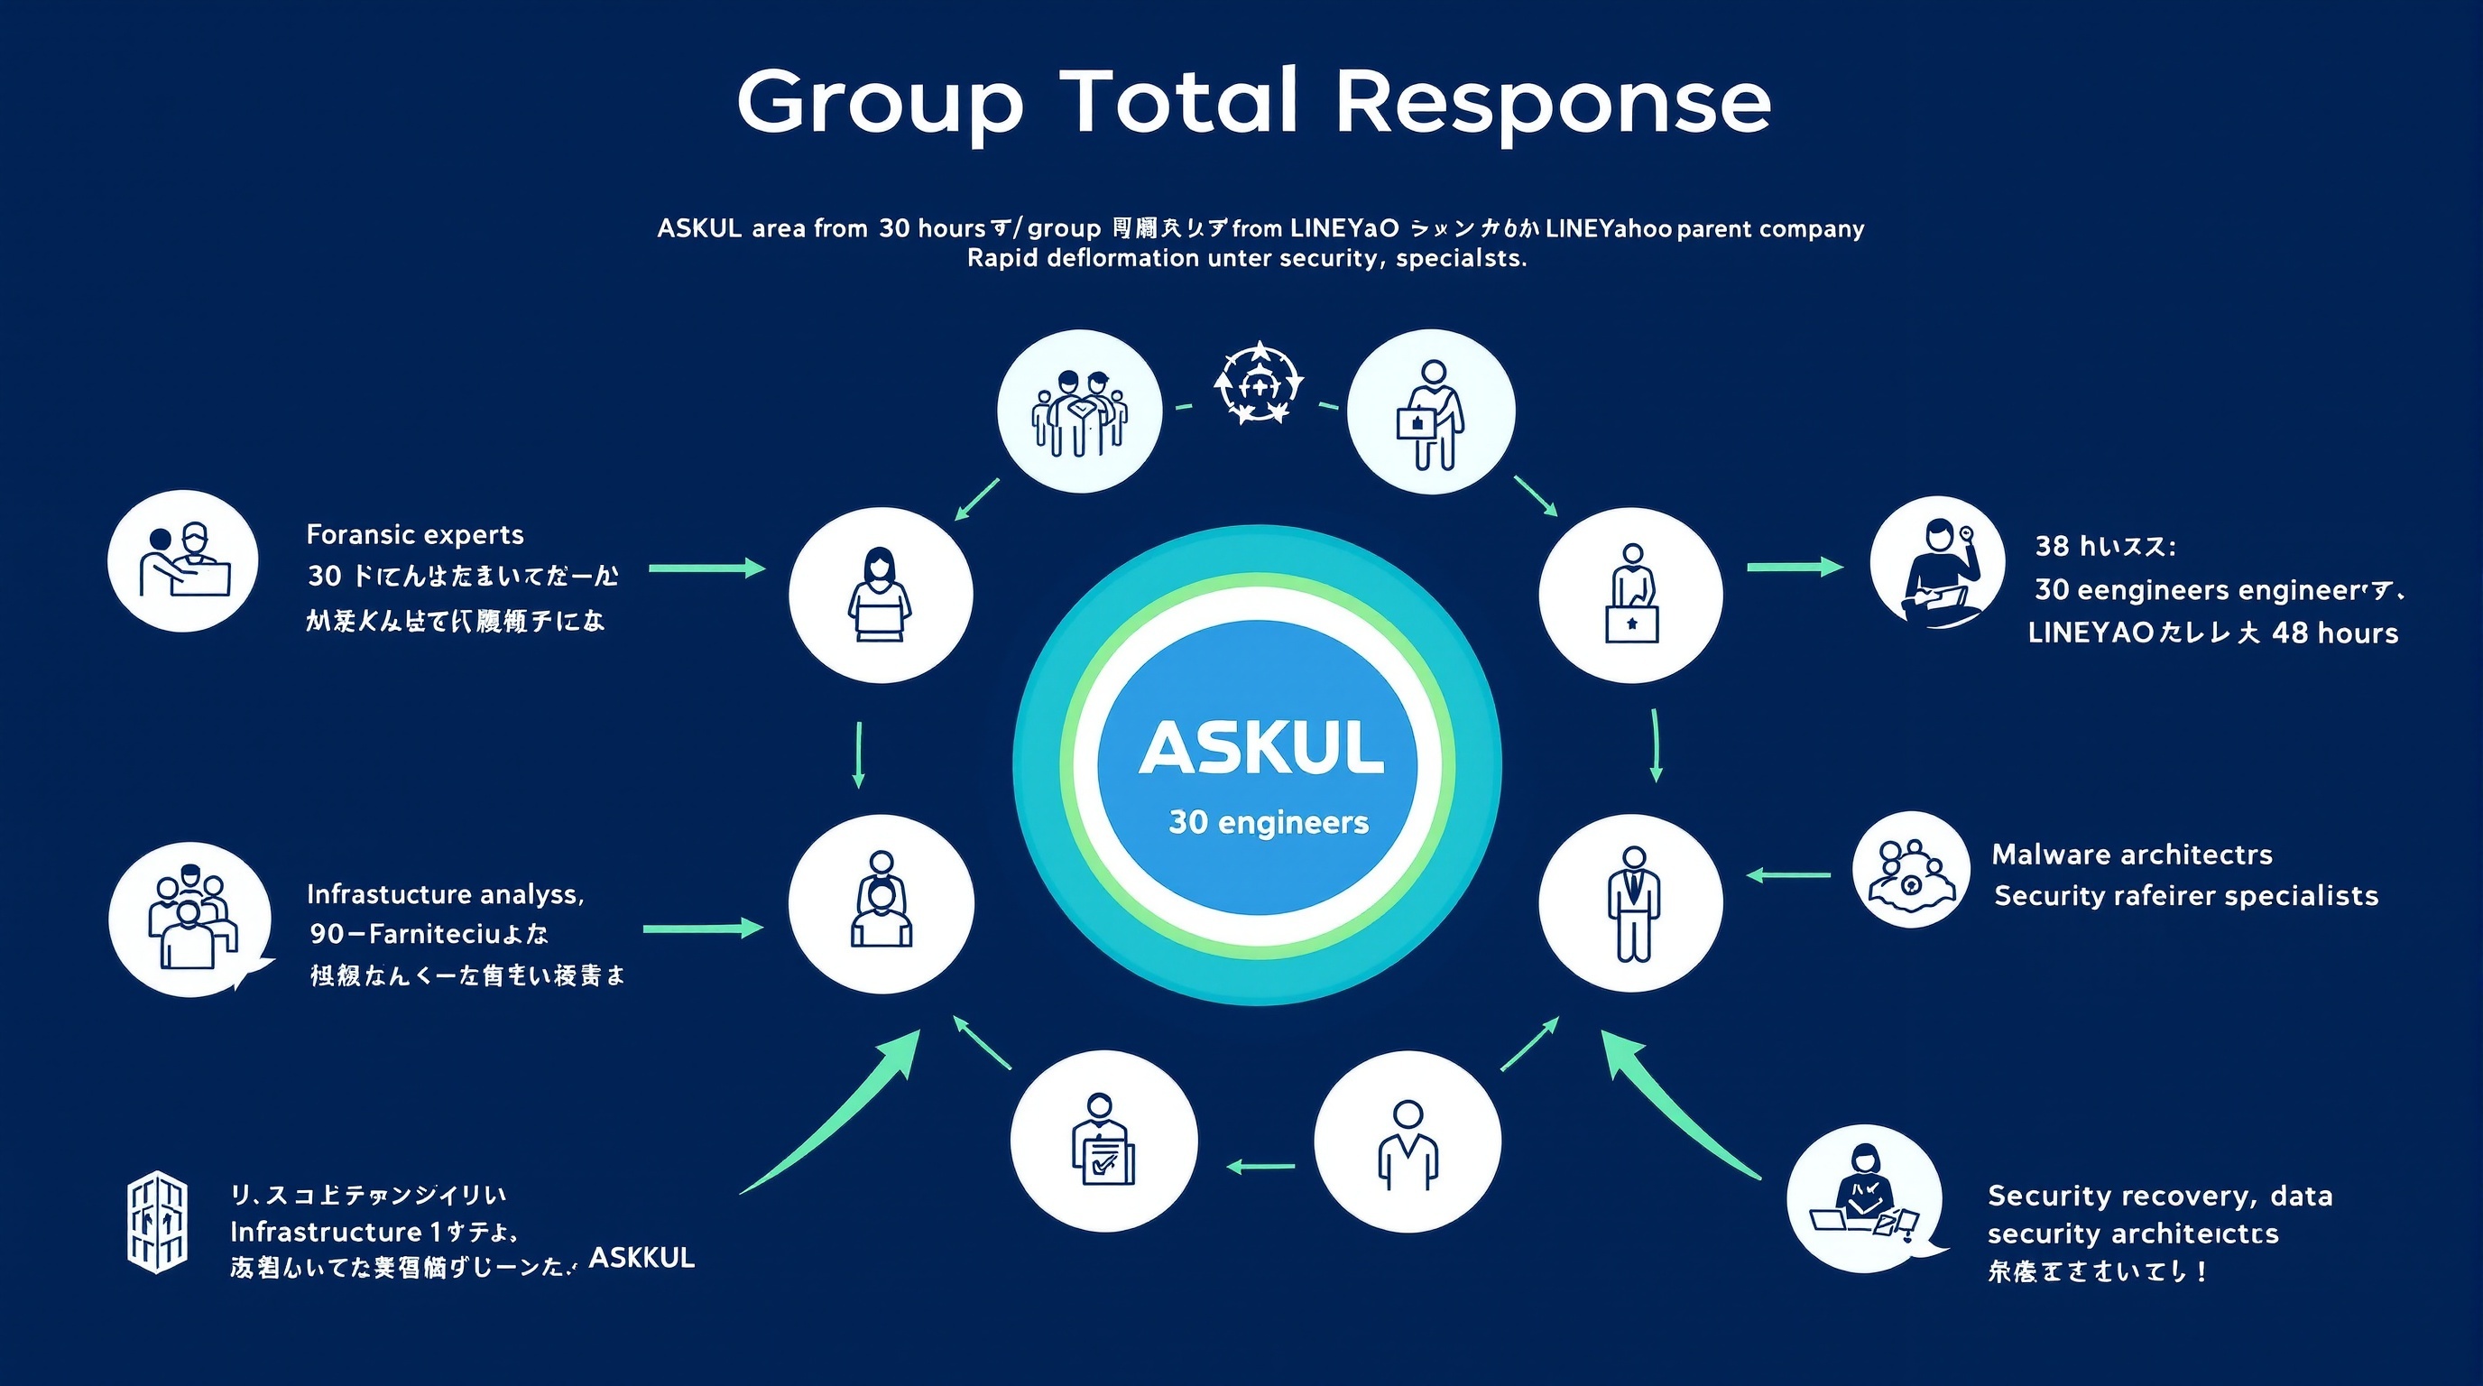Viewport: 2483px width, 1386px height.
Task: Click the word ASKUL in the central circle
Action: pyautogui.click(x=1260, y=749)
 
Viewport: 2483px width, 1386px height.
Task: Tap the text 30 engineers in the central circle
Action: pyautogui.click(x=1269, y=822)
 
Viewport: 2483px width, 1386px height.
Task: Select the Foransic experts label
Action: pyautogui.click(x=414, y=535)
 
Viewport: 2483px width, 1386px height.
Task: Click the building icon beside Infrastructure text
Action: pyautogui.click(x=157, y=1222)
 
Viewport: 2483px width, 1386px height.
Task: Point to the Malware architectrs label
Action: pyautogui.click(x=2131, y=855)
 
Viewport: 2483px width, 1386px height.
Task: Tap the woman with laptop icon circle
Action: pyautogui.click(x=880, y=595)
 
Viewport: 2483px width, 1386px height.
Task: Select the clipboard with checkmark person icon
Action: pyautogui.click(x=1103, y=1141)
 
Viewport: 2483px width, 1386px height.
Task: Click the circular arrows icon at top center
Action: pyautogui.click(x=1258, y=383)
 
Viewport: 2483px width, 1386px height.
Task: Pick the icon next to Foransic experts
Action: pyautogui.click(x=183, y=561)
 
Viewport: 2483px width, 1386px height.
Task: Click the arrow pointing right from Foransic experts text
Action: pyautogui.click(x=706, y=568)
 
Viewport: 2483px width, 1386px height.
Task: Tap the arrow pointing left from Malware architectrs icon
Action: pyautogui.click(x=1788, y=875)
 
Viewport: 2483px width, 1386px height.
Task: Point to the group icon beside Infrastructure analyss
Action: pyautogui.click(x=189, y=919)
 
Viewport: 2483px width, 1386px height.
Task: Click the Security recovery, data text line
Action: pyautogui.click(x=2159, y=1197)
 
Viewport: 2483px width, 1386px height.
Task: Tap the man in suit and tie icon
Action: pyautogui.click(x=1632, y=903)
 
